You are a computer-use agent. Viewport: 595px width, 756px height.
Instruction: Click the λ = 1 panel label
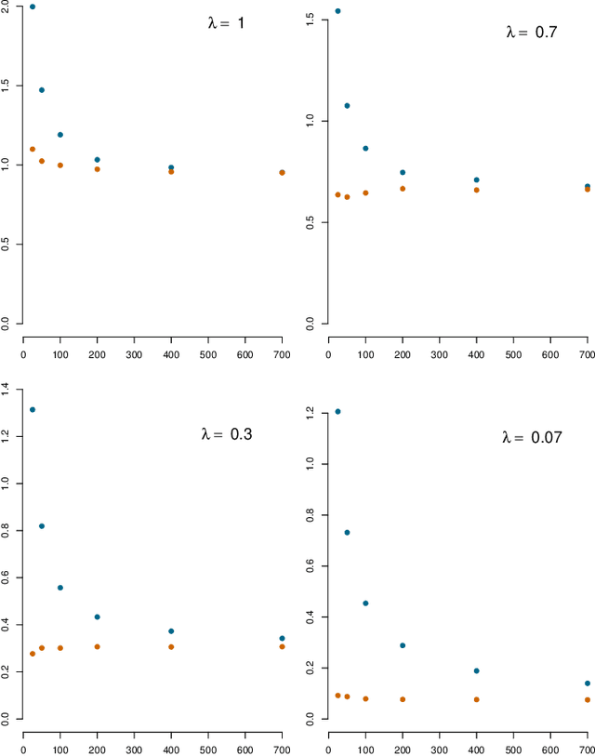click(226, 22)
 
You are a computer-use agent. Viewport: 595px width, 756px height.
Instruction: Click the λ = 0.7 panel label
click(531, 33)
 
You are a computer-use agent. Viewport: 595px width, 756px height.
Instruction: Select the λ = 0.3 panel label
click(226, 433)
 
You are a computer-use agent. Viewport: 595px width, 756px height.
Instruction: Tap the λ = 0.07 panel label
click(531, 437)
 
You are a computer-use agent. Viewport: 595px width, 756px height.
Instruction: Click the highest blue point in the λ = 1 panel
click(33, 7)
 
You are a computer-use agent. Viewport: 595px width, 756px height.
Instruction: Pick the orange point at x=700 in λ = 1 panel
click(282, 172)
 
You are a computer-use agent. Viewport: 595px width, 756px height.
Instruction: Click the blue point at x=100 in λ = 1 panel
click(60, 135)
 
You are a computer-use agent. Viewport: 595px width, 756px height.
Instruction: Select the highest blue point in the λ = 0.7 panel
click(337, 11)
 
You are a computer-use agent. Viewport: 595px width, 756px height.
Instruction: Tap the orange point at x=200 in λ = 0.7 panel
click(403, 189)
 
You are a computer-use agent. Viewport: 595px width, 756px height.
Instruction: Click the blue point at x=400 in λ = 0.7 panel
click(476, 180)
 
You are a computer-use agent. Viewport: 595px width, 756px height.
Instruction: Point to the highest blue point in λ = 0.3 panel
click(33, 409)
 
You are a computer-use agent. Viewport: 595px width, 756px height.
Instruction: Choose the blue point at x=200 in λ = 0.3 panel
click(97, 617)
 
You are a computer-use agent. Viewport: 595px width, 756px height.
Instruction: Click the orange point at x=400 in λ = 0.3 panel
click(171, 646)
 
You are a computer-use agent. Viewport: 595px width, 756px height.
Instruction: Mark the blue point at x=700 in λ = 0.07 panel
click(588, 683)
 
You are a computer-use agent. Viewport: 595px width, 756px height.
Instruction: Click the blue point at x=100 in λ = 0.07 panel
click(365, 603)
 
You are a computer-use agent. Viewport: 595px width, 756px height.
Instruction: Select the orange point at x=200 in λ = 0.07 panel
click(403, 699)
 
